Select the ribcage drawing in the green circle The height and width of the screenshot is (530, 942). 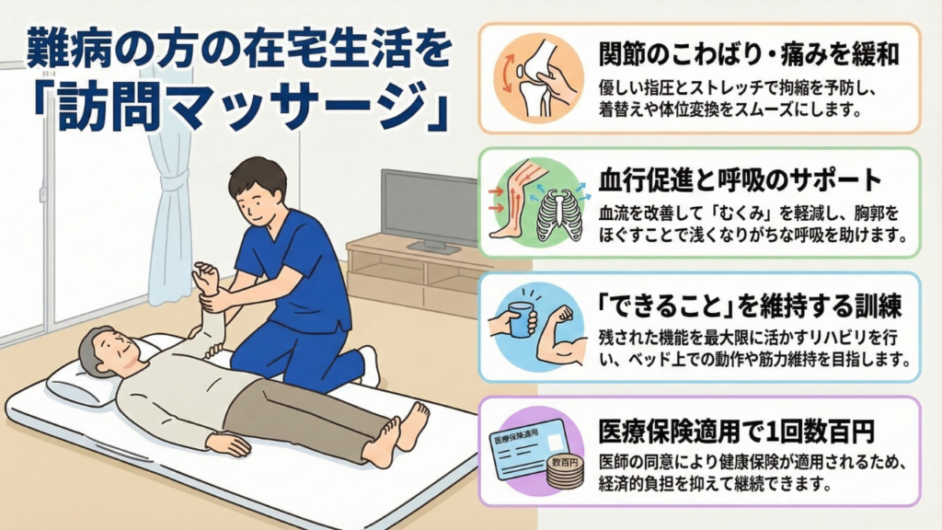pos(560,214)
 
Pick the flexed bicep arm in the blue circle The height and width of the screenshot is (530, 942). pos(561,340)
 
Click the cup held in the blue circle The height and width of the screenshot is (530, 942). pos(522,319)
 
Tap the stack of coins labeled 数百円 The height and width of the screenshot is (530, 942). pos(565,472)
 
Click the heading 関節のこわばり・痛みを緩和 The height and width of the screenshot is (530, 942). pos(748,54)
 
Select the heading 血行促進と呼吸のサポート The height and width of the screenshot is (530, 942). pos(740,179)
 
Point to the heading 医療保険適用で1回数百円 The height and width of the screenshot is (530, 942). pos(736,431)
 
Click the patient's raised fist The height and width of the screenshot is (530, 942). pos(205,278)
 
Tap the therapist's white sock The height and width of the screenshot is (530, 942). pos(370,366)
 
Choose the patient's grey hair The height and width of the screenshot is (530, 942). pos(99,342)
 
